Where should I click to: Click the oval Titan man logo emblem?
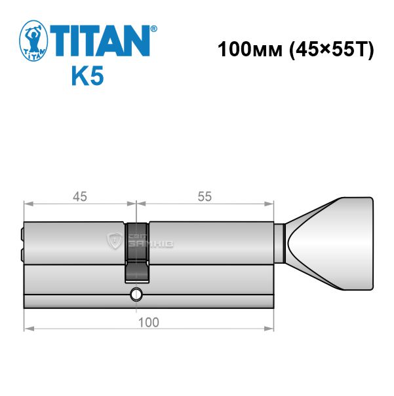click(x=33, y=41)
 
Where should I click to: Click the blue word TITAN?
click(x=100, y=41)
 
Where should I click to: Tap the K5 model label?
click(x=88, y=75)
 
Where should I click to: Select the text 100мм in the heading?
click(x=250, y=49)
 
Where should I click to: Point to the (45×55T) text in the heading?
click(x=331, y=50)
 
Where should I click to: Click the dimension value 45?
click(x=80, y=196)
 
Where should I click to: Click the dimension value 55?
click(x=205, y=196)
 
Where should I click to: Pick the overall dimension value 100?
click(x=149, y=323)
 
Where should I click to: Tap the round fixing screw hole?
click(x=136, y=295)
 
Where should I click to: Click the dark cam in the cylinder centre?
click(x=137, y=253)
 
